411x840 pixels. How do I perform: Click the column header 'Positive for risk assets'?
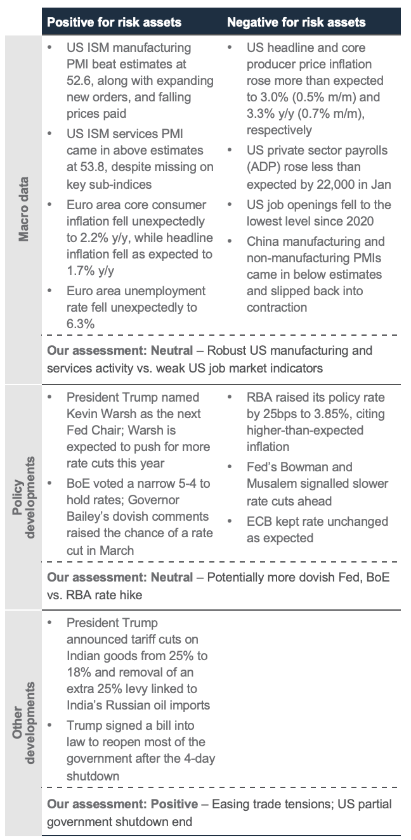(114, 22)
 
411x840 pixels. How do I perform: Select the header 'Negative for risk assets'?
(296, 22)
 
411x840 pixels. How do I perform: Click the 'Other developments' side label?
(23, 723)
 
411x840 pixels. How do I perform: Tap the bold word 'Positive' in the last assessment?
(174, 804)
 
